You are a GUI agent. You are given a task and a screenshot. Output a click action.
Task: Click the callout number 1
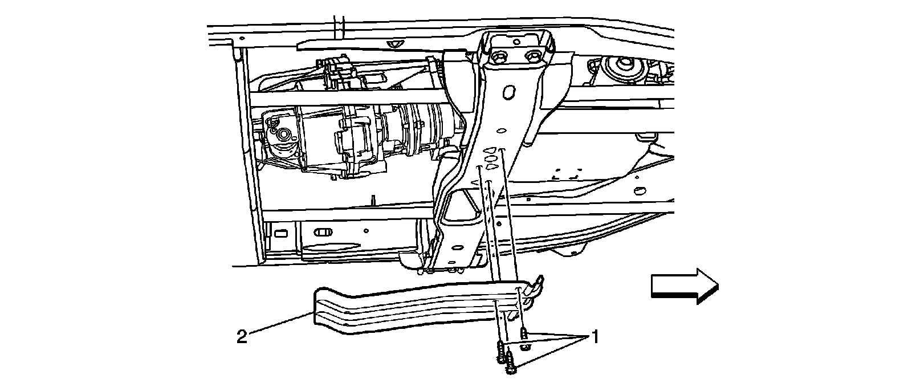point(595,337)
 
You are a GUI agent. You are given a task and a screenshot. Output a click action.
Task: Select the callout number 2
point(242,337)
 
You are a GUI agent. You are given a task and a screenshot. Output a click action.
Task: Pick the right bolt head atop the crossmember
point(534,56)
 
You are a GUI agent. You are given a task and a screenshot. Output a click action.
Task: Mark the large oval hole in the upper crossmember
point(509,92)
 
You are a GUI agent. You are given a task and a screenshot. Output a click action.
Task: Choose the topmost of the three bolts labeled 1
point(523,333)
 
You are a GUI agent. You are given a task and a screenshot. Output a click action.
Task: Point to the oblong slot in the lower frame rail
point(323,233)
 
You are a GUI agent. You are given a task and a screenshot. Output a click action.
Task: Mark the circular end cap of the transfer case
point(282,136)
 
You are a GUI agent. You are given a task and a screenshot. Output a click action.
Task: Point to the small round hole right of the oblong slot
point(365,231)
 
